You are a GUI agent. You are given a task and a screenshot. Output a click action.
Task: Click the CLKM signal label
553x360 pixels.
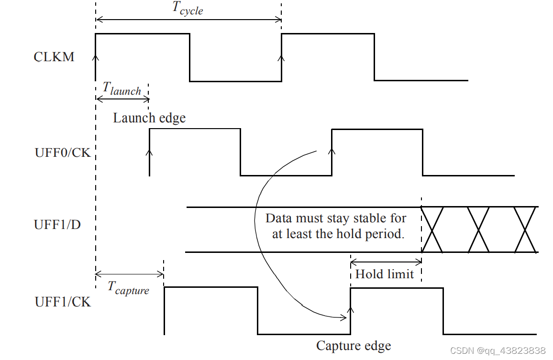54,57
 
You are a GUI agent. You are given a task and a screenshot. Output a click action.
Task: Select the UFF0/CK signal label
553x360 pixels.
63,153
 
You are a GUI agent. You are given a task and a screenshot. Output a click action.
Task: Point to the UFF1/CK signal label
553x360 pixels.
63,302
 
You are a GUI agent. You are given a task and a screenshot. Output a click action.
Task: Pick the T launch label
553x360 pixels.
122,88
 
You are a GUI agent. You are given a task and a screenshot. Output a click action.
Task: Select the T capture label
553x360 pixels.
128,288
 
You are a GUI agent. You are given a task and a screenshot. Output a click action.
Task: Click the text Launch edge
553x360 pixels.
149,118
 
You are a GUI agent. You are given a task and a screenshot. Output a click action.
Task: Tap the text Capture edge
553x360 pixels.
354,346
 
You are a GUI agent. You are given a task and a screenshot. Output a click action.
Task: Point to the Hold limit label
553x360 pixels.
385,274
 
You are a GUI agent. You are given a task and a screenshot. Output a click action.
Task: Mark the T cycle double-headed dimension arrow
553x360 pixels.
188,20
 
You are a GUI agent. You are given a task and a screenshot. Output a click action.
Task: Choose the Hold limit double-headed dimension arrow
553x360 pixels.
386,261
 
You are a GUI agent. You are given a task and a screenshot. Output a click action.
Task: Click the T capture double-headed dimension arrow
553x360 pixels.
130,274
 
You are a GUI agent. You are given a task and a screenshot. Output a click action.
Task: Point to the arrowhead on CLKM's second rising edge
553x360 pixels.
281,57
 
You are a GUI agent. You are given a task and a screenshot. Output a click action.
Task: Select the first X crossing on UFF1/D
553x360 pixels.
432,229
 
